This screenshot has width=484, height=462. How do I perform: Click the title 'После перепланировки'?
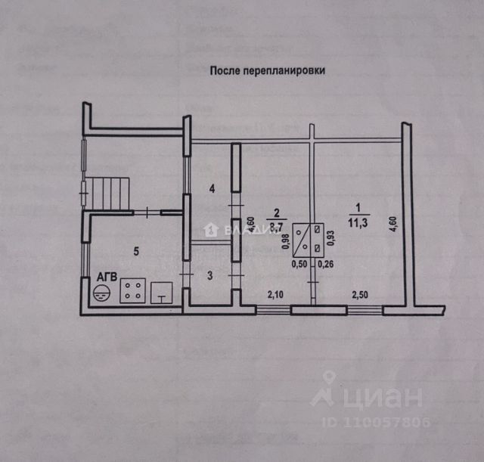267,70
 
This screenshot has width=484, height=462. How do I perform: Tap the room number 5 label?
136,251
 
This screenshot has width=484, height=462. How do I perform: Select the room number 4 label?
213,188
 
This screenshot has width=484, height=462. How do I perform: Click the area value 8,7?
277,225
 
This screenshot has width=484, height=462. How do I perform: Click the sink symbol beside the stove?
163,293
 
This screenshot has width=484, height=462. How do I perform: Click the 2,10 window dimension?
275,293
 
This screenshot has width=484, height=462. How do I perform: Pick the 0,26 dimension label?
327,264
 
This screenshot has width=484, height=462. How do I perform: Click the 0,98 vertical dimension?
286,240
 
